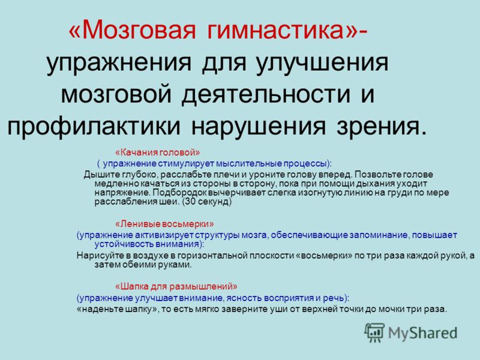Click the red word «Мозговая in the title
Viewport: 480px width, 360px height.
click(132, 30)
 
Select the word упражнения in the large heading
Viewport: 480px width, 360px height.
click(119, 63)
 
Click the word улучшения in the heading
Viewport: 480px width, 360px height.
click(322, 63)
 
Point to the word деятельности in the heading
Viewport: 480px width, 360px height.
click(266, 94)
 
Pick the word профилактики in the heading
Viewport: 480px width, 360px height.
click(94, 126)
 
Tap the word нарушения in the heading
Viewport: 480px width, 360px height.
click(259, 126)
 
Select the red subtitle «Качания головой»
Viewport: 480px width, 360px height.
click(157, 152)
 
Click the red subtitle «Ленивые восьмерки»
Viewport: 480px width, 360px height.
click(164, 224)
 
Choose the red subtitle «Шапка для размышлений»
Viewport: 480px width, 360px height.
click(176, 287)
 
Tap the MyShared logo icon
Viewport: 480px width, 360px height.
click(374, 332)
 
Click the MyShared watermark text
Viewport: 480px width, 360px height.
click(423, 333)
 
